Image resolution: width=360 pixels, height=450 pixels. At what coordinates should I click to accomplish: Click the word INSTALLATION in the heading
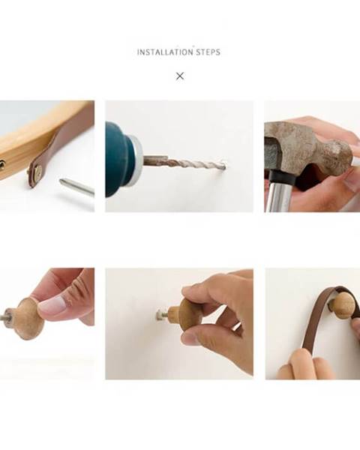click(x=165, y=52)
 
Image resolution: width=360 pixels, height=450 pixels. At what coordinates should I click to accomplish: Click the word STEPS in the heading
click(x=208, y=52)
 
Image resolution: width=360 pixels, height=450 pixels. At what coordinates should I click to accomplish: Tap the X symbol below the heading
click(x=180, y=76)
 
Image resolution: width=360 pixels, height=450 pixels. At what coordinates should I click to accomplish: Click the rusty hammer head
click(x=308, y=149)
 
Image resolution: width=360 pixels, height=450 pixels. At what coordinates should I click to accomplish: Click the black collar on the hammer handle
click(x=282, y=176)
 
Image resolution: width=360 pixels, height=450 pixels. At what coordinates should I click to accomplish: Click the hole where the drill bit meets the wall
click(x=224, y=165)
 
